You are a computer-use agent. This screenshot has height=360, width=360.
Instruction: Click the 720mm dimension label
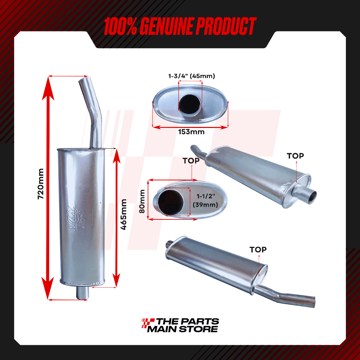pyautogui.click(x=41, y=184)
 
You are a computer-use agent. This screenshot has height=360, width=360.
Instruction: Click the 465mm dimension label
pyautogui.click(x=124, y=214)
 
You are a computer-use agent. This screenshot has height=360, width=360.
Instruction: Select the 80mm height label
pyautogui.click(x=142, y=201)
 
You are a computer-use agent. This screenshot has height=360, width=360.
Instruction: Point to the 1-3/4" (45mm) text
pyautogui.click(x=191, y=76)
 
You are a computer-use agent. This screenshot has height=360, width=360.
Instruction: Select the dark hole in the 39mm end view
pyautogui.click(x=171, y=201)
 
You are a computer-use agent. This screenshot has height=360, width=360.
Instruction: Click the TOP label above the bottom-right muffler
pyautogui.click(x=258, y=250)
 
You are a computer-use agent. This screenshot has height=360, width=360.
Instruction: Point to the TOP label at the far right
pyautogui.click(x=295, y=156)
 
